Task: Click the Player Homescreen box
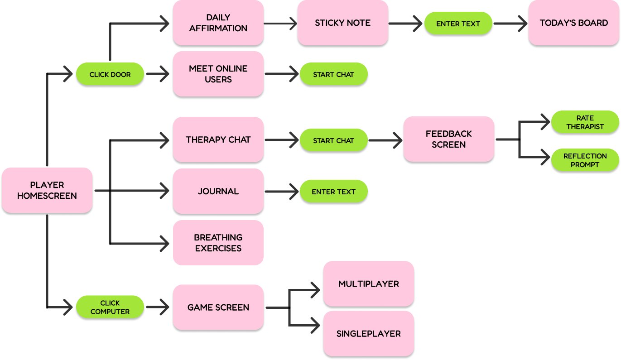click(x=47, y=190)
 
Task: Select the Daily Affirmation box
click(x=218, y=23)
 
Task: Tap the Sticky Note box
click(x=342, y=23)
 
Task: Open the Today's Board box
click(x=573, y=23)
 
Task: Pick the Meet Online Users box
click(x=218, y=74)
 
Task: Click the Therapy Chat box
click(x=218, y=139)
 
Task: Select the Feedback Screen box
click(x=448, y=139)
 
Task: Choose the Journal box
click(x=218, y=191)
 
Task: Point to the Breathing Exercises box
click(x=218, y=243)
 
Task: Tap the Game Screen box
click(x=218, y=307)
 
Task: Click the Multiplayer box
click(x=368, y=283)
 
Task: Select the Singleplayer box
click(x=368, y=333)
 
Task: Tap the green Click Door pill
click(x=110, y=74)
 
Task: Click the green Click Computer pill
click(x=110, y=307)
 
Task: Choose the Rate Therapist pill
click(x=585, y=122)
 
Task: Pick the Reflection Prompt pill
click(x=585, y=160)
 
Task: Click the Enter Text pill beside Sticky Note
click(x=458, y=24)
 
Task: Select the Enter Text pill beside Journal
click(x=333, y=192)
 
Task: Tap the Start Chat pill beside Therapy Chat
click(x=333, y=140)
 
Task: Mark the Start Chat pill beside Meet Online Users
click(x=333, y=74)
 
